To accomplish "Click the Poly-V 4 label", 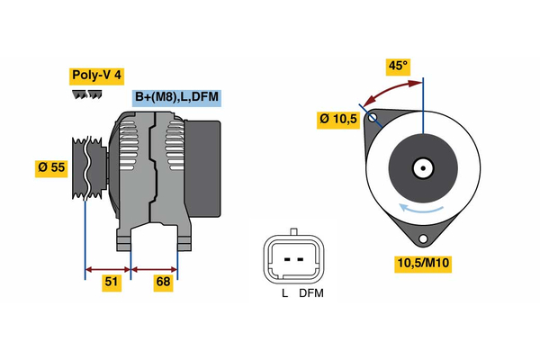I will (96, 76).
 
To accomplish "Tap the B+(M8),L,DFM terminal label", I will (176, 97).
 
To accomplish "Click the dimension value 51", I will (111, 283).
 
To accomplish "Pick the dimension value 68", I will (163, 283).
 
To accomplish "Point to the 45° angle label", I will (398, 66).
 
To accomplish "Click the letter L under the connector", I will (283, 293).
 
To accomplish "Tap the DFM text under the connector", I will (310, 293).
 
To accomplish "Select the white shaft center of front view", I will (422, 168).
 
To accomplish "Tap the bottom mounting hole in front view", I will (423, 238).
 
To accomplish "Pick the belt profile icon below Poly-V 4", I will (83, 94).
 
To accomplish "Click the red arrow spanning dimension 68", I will (154, 268).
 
